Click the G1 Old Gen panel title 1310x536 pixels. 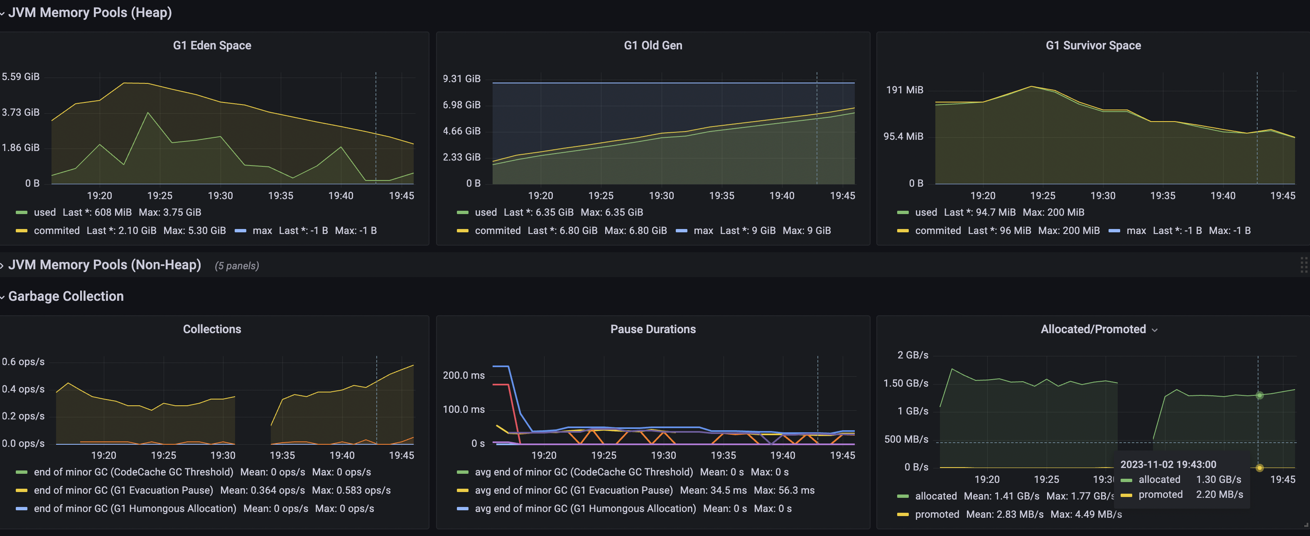coord(653,45)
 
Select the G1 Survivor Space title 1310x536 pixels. coord(1093,45)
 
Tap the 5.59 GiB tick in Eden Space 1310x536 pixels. coord(20,77)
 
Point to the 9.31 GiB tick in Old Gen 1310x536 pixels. coord(461,79)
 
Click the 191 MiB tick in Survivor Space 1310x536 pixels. coord(904,90)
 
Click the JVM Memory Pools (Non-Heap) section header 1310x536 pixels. coord(104,265)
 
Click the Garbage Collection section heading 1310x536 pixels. coord(66,296)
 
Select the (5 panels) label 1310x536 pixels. coord(236,266)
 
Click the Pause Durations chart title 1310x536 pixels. coord(653,329)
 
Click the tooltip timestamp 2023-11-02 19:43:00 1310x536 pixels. coord(1168,464)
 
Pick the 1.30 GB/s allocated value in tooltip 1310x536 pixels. coord(1219,480)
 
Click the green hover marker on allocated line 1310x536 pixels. coord(1259,395)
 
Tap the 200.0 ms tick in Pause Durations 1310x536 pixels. coord(463,375)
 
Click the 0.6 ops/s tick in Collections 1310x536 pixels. coord(23,362)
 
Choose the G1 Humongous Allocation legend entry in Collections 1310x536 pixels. coord(135,509)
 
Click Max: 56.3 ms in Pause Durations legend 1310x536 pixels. coord(784,490)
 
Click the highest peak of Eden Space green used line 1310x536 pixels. coord(148,113)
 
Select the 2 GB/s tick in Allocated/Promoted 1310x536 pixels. coord(913,355)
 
